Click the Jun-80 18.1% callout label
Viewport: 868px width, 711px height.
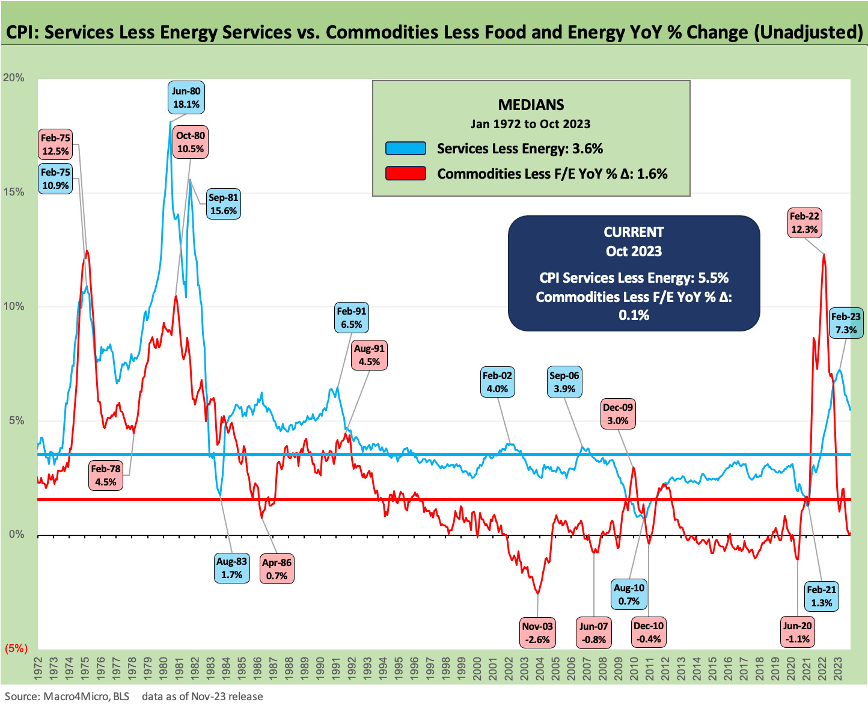click(186, 97)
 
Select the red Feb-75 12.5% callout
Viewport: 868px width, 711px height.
click(55, 144)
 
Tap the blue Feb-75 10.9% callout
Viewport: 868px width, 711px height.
click(55, 179)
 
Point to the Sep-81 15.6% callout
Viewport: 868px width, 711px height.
click(223, 204)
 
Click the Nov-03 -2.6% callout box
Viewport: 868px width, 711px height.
click(537, 633)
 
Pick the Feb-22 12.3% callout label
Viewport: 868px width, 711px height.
click(804, 223)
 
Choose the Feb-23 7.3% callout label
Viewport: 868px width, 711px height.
click(846, 323)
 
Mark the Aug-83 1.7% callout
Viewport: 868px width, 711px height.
click(231, 568)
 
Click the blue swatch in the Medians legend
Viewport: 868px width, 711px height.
click(406, 149)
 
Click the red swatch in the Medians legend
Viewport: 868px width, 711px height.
click(406, 174)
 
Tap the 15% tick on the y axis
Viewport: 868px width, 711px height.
click(13, 192)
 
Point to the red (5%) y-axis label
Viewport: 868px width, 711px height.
click(16, 648)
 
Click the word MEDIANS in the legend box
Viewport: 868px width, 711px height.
click(531, 105)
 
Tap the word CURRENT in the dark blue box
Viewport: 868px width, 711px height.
click(634, 232)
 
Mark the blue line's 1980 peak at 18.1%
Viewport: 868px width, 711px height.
click(170, 123)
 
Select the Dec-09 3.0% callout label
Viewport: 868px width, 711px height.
click(618, 414)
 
